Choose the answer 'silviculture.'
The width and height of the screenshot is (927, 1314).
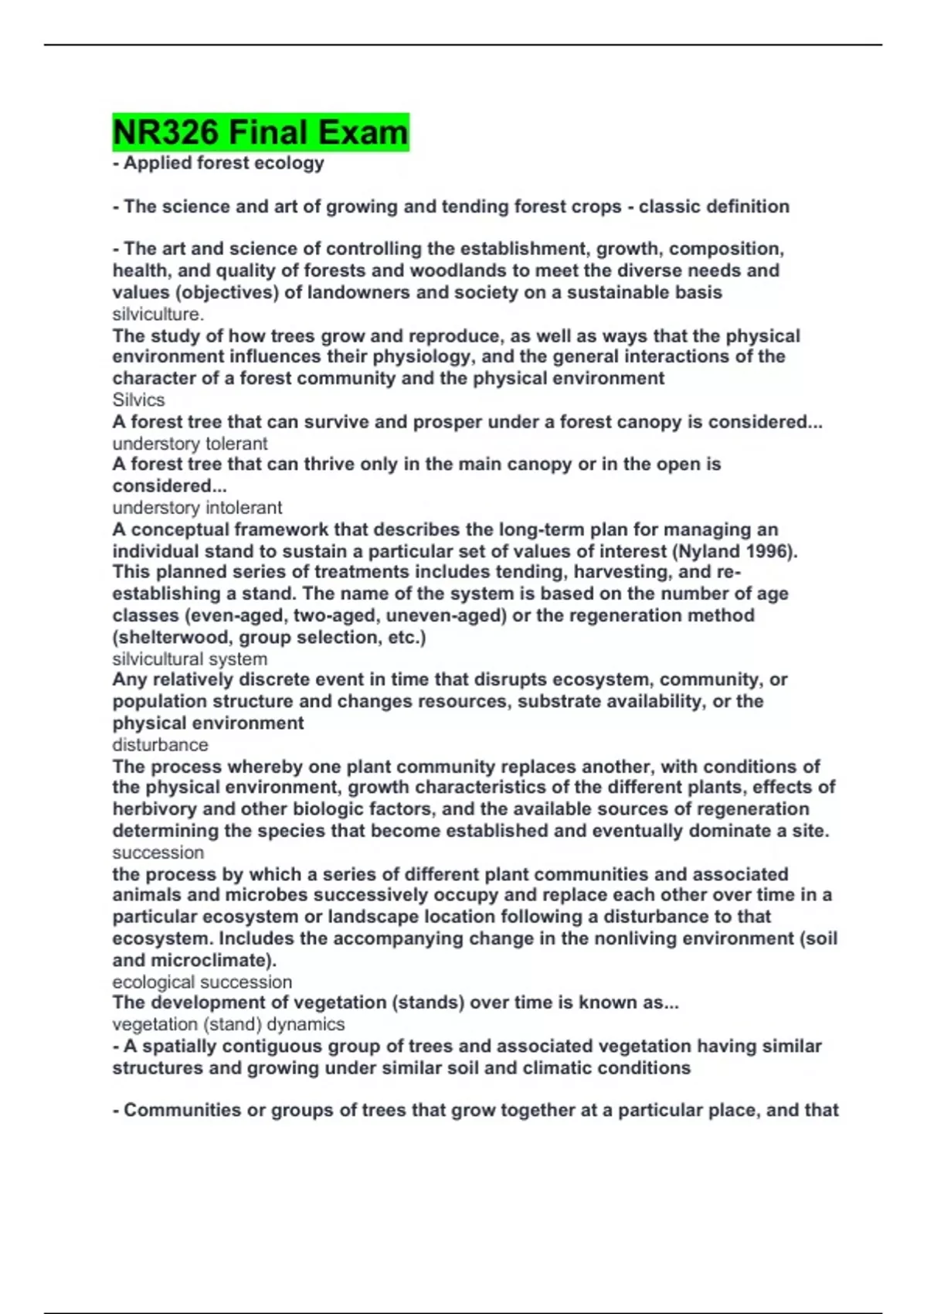158,314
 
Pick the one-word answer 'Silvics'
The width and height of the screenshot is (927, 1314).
138,400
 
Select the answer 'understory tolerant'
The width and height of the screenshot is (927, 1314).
190,444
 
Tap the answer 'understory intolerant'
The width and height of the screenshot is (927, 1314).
197,508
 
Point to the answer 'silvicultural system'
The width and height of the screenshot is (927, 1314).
190,659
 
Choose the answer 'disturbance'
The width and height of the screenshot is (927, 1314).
160,744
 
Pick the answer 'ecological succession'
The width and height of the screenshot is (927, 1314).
202,982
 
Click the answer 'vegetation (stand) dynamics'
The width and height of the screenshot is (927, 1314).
229,1024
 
